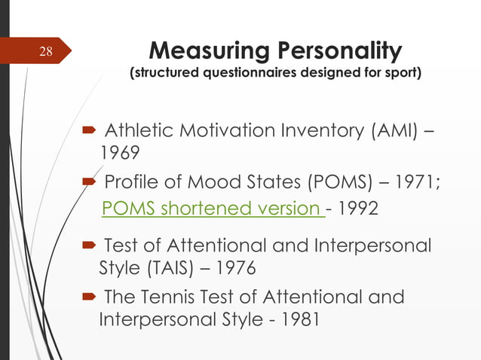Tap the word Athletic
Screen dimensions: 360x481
click(x=139, y=133)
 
